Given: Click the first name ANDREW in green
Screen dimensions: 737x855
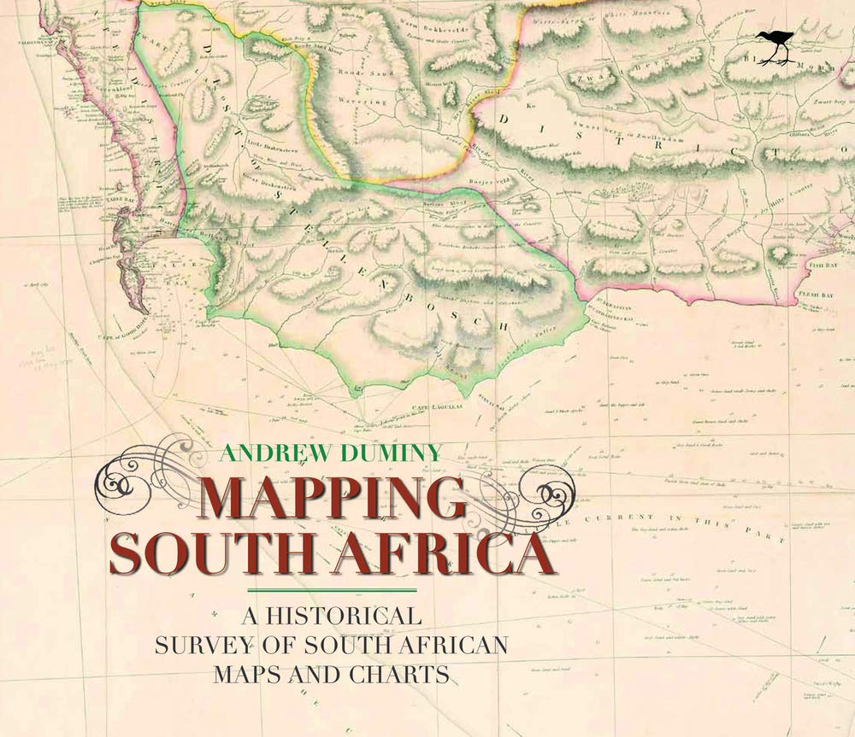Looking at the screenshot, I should [x=262, y=453].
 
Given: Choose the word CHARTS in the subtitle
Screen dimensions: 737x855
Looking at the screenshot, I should [x=401, y=673].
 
